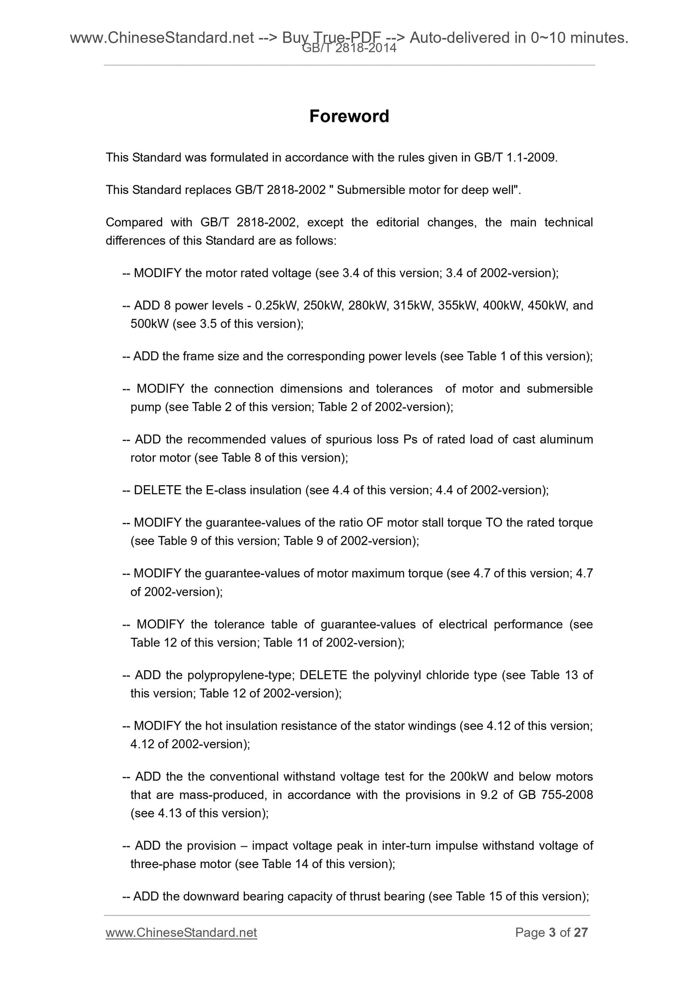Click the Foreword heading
click(x=349, y=117)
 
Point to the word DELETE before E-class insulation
click(x=158, y=491)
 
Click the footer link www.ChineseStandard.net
click(x=181, y=932)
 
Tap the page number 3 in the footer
click(x=552, y=932)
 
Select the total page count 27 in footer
click(x=580, y=932)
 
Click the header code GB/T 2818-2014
click(x=349, y=48)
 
